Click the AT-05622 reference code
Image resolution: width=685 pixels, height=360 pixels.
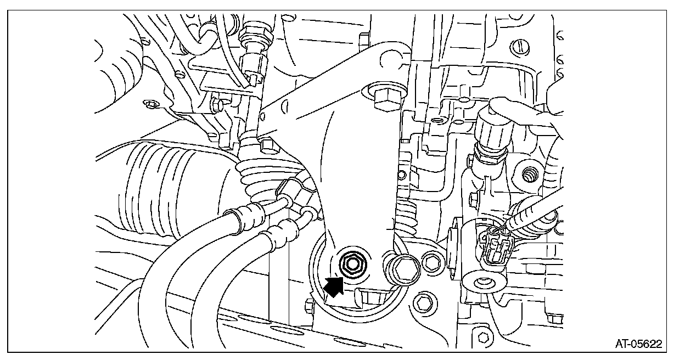pyautogui.click(x=638, y=344)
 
